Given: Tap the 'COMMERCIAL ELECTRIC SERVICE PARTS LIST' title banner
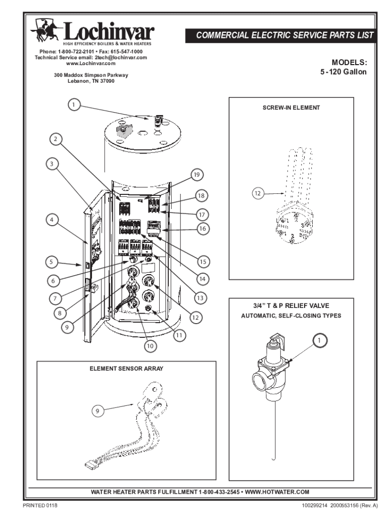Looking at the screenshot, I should [x=285, y=35].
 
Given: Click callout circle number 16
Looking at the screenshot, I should [x=203, y=229].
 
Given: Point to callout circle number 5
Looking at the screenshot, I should [x=51, y=262].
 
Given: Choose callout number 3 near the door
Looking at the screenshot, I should [x=52, y=164].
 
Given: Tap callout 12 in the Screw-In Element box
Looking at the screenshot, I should [x=259, y=193].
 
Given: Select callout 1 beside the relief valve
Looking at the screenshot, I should [x=319, y=341].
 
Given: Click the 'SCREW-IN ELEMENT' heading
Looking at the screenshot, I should [x=291, y=108].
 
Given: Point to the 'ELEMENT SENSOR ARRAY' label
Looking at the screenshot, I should [x=126, y=369].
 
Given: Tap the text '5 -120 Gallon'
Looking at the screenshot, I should [x=344, y=72].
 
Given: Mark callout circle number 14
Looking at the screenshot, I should [x=203, y=278].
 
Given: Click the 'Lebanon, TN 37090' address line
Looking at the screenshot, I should [x=91, y=81].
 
